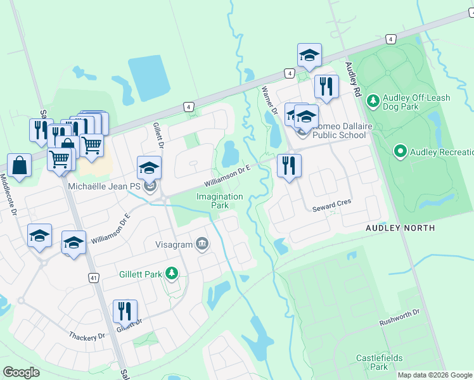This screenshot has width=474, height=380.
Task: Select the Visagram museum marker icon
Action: (x=202, y=244)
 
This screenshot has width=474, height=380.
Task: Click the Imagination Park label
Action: (x=219, y=201)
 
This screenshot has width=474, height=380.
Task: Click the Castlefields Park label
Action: (x=379, y=362)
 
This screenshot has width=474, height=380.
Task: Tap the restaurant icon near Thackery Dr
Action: (x=125, y=311)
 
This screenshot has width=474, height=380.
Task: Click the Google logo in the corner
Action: (x=21, y=372)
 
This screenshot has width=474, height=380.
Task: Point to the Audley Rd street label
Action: (x=354, y=79)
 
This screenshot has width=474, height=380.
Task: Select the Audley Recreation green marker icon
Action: (x=400, y=151)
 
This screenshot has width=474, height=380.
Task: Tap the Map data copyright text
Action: (x=435, y=375)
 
